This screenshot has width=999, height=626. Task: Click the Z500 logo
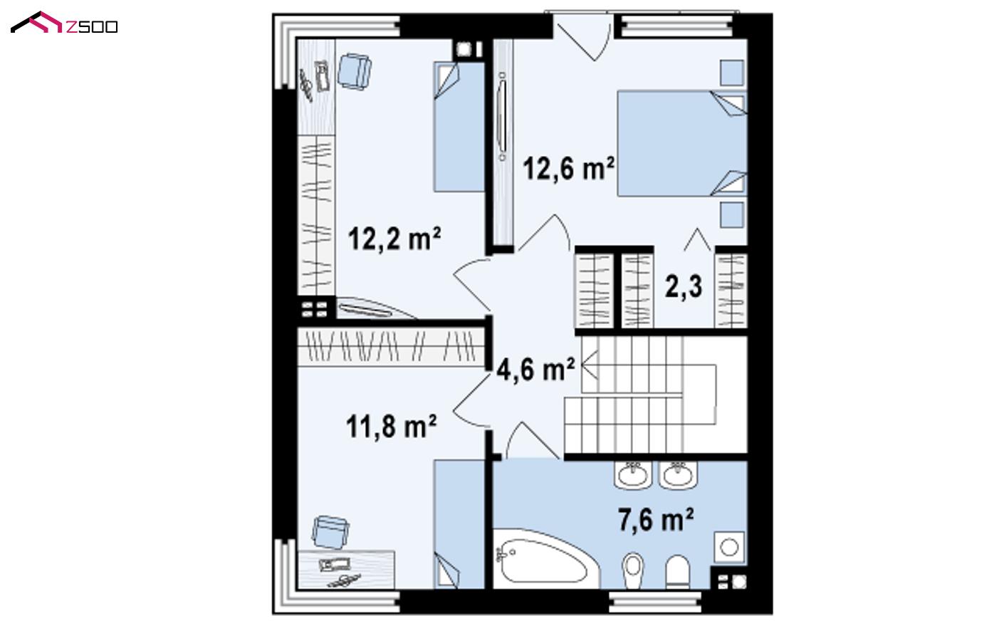coord(64,23)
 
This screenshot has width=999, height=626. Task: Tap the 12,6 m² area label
coord(569,168)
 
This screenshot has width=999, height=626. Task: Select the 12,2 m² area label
coord(394,239)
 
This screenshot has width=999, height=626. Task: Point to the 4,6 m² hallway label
coord(535,370)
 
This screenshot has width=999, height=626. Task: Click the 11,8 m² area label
coord(391,426)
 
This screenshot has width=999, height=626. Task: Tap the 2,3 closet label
coord(684,286)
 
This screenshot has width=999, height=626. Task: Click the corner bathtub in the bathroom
coord(546,558)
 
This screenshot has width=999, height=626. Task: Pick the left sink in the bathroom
coord(632,475)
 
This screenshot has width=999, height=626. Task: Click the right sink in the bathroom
coord(678,475)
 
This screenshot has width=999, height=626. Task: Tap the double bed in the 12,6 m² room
coord(682,143)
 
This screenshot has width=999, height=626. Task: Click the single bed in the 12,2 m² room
coord(459,127)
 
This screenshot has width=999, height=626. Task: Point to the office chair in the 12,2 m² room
coord(355,71)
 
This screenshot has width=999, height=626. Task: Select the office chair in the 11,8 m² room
coord(330,532)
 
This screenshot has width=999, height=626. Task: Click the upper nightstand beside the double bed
coord(732,72)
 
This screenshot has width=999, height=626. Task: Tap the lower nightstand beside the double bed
coord(732,214)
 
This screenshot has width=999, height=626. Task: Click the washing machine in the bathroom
coord(729,547)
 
